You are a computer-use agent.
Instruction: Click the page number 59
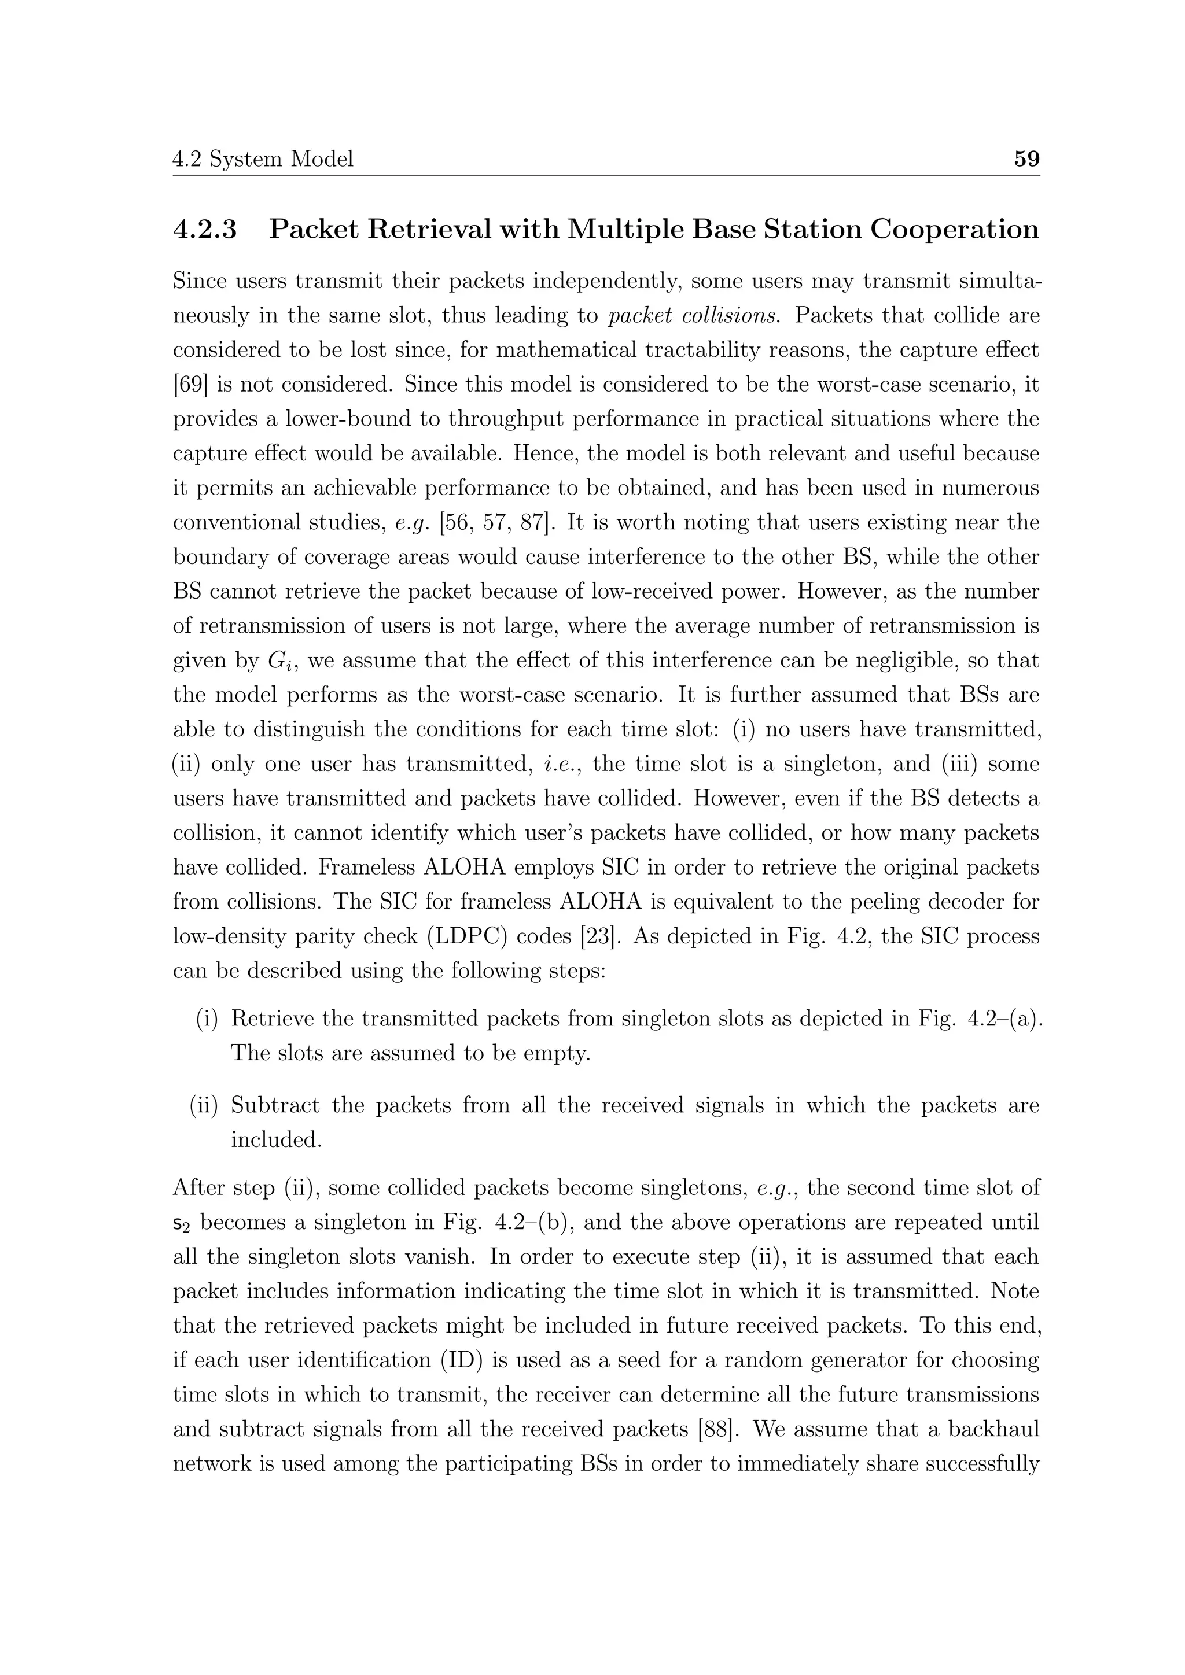click(x=1026, y=158)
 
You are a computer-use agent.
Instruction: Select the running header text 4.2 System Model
click(x=263, y=158)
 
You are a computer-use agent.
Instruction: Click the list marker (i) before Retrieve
click(x=207, y=1019)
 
